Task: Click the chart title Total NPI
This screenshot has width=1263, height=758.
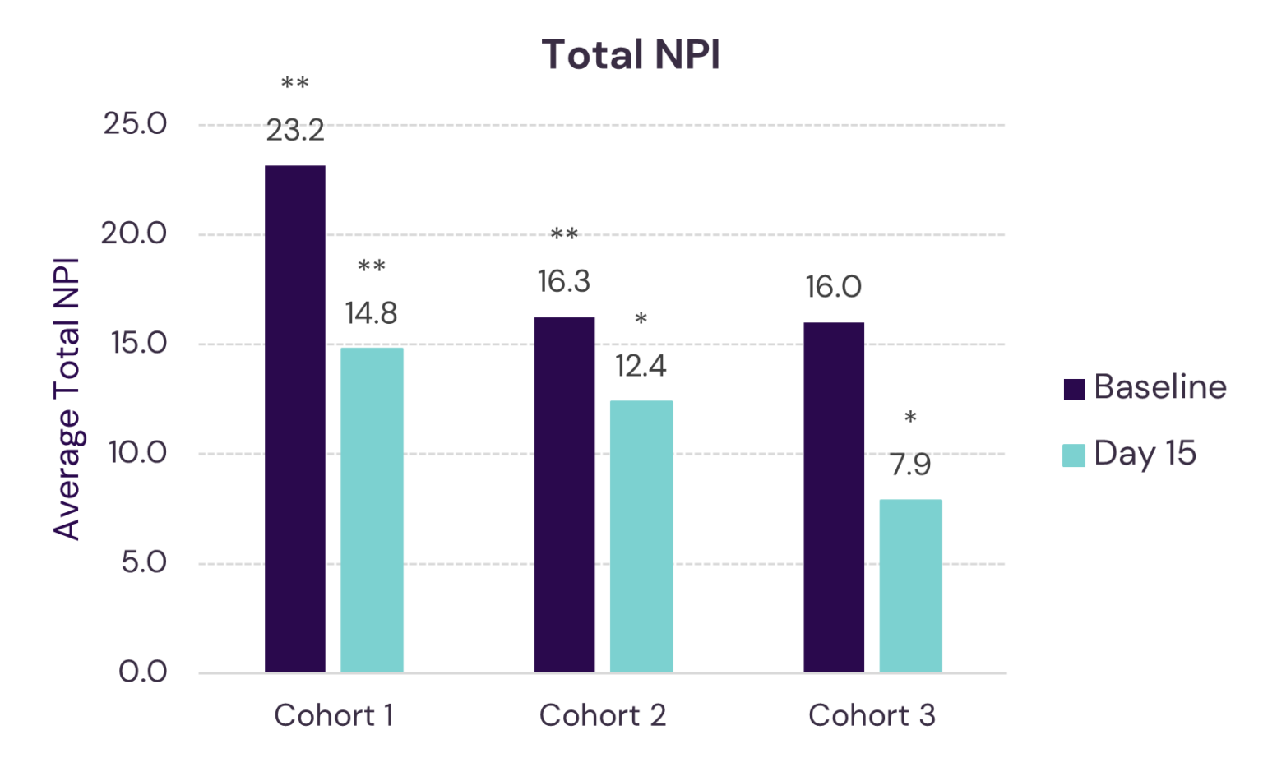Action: click(x=631, y=56)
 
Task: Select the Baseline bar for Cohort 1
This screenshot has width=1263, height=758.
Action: click(x=295, y=419)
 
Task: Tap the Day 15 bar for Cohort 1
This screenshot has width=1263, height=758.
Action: click(x=372, y=510)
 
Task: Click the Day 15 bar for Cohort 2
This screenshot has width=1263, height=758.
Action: click(x=641, y=536)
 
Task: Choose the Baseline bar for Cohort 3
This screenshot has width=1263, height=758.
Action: click(x=834, y=497)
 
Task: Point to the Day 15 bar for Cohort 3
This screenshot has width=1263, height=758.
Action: click(x=910, y=585)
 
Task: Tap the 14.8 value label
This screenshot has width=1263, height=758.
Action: click(x=371, y=313)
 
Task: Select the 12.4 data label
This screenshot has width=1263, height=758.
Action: click(x=641, y=367)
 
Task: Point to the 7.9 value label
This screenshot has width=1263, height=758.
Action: click(x=910, y=465)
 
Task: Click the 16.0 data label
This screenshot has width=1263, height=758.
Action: click(x=833, y=288)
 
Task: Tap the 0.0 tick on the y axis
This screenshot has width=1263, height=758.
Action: click(x=143, y=672)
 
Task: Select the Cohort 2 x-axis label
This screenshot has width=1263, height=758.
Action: click(x=603, y=715)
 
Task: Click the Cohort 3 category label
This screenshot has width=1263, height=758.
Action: click(x=872, y=715)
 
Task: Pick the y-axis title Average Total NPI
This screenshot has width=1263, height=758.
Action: click(x=67, y=399)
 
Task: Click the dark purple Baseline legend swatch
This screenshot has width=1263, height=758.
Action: click(x=1074, y=388)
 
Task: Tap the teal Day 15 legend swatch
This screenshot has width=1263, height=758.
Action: click(x=1074, y=455)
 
